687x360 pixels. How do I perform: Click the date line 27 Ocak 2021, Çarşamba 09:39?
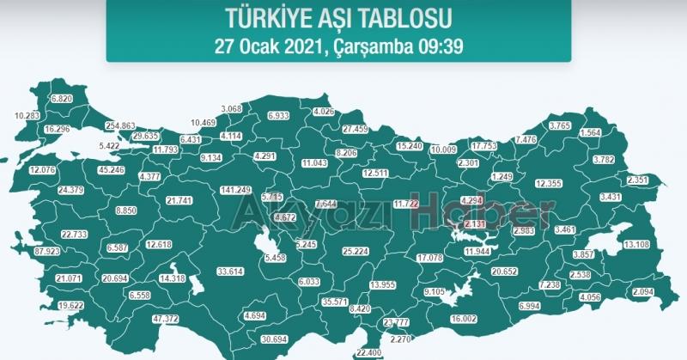(338, 46)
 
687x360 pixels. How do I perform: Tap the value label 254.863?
(120, 125)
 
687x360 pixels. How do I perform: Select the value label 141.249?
(235, 190)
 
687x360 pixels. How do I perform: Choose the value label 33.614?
(231, 272)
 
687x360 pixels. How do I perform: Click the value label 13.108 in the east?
(636, 245)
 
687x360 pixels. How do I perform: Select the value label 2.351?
(638, 180)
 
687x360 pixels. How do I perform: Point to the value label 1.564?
(591, 133)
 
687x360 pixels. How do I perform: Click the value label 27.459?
(355, 129)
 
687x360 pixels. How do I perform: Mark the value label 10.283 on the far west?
(27, 115)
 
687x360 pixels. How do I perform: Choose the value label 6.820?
(63, 99)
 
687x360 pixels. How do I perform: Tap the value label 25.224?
(356, 253)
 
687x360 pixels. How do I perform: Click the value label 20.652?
(504, 272)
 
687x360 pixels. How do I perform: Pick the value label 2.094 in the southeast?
(643, 293)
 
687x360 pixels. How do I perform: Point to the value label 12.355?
(548, 183)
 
